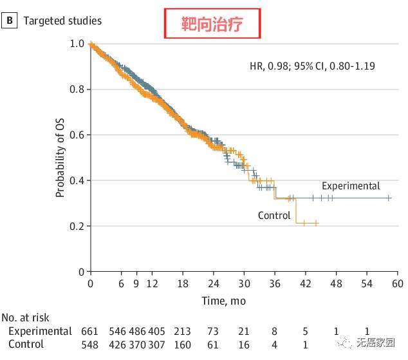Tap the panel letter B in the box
click(x=10, y=21)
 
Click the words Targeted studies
click(x=62, y=21)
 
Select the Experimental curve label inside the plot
click(x=351, y=185)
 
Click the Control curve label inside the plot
click(x=274, y=215)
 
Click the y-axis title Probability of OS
click(x=60, y=156)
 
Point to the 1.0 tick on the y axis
click(x=77, y=44)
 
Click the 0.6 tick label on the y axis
click(x=77, y=135)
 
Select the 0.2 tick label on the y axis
click(x=77, y=226)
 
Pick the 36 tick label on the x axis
click(x=274, y=284)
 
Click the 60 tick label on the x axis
click(x=397, y=284)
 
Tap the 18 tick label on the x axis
click(x=183, y=284)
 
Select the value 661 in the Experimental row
click(x=90, y=331)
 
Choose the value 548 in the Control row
click(x=90, y=345)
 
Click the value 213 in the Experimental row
click(x=183, y=331)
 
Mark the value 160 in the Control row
click(x=183, y=345)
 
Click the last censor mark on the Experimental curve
click(x=389, y=198)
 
